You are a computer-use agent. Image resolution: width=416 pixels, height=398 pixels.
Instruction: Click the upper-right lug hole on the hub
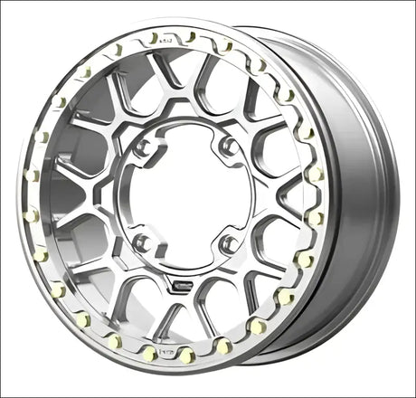[x=229, y=144]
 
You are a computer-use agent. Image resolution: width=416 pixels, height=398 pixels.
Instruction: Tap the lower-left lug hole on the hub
[x=141, y=242]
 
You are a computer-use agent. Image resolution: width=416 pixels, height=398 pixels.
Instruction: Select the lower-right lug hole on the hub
[x=228, y=244]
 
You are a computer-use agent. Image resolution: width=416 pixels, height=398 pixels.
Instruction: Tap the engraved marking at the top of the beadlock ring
[x=164, y=39]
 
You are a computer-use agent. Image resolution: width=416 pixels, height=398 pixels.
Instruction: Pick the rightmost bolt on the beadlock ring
[x=316, y=217]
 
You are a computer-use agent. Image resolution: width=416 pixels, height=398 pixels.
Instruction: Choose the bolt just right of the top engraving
[x=190, y=37]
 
